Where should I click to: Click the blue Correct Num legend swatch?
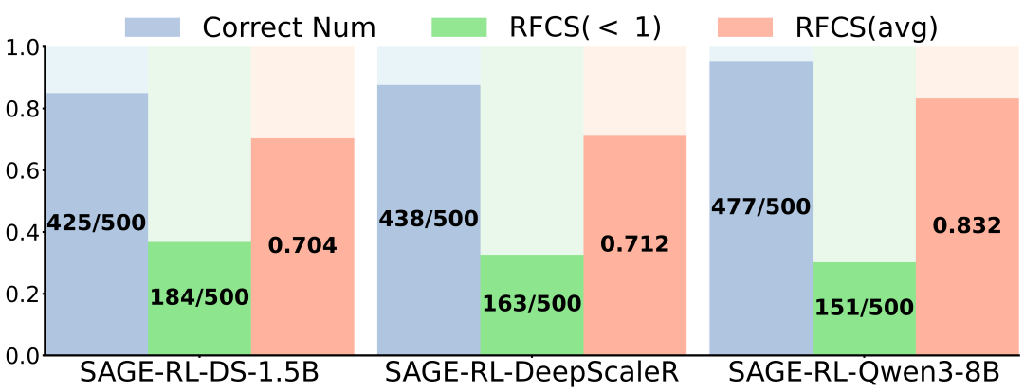tap(153, 27)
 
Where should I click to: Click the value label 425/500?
tap(97, 223)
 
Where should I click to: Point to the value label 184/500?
tap(199, 297)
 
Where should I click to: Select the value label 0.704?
tap(302, 246)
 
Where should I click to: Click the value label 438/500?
tap(429, 219)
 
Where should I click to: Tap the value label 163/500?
tap(531, 304)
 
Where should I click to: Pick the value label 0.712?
tap(634, 244)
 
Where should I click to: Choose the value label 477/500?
tap(760, 206)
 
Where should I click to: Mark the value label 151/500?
tap(863, 308)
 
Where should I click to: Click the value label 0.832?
tap(966, 225)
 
